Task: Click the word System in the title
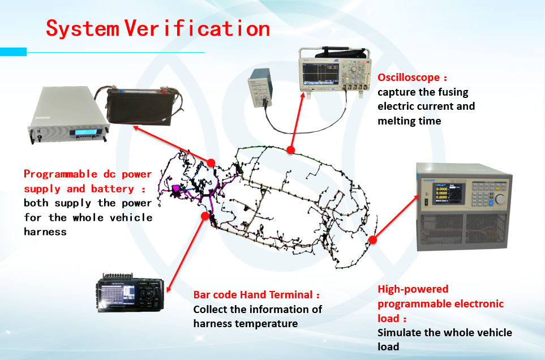tap(83, 28)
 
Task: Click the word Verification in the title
tap(197, 28)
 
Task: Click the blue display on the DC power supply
tap(83, 132)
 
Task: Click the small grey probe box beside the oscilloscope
tap(260, 87)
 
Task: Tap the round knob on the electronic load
tap(500, 199)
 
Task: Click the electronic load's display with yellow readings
tap(447, 194)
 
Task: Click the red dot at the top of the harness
tap(290, 150)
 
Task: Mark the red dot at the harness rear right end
tap(372, 240)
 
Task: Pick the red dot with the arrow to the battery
tap(211, 162)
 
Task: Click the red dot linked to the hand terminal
tap(205, 216)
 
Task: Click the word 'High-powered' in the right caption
tap(413, 289)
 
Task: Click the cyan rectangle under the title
tap(13, 52)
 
